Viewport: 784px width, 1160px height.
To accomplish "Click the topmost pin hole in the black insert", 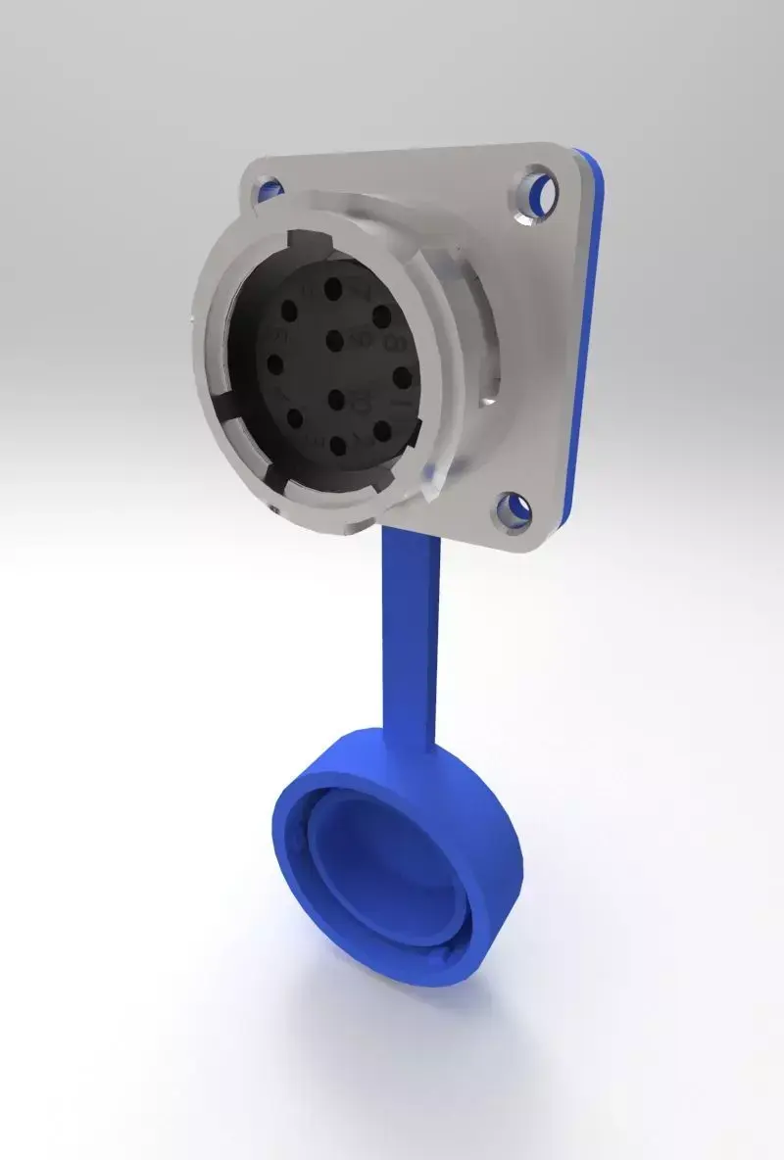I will [333, 290].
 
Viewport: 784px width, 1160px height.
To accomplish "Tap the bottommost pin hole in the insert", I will [338, 447].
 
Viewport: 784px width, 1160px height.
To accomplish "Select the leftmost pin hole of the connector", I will [275, 365].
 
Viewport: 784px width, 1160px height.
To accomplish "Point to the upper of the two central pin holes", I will [334, 341].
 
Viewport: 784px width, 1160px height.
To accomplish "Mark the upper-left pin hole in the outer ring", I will [289, 312].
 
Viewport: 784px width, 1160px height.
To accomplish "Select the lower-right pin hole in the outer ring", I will [382, 431].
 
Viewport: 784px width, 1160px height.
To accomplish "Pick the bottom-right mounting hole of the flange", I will [516, 509].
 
